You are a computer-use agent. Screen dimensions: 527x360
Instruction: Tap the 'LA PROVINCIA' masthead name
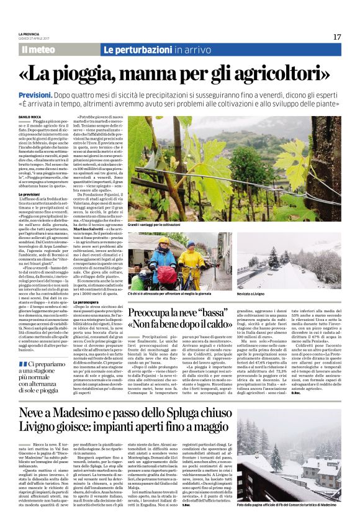click(x=29, y=34)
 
